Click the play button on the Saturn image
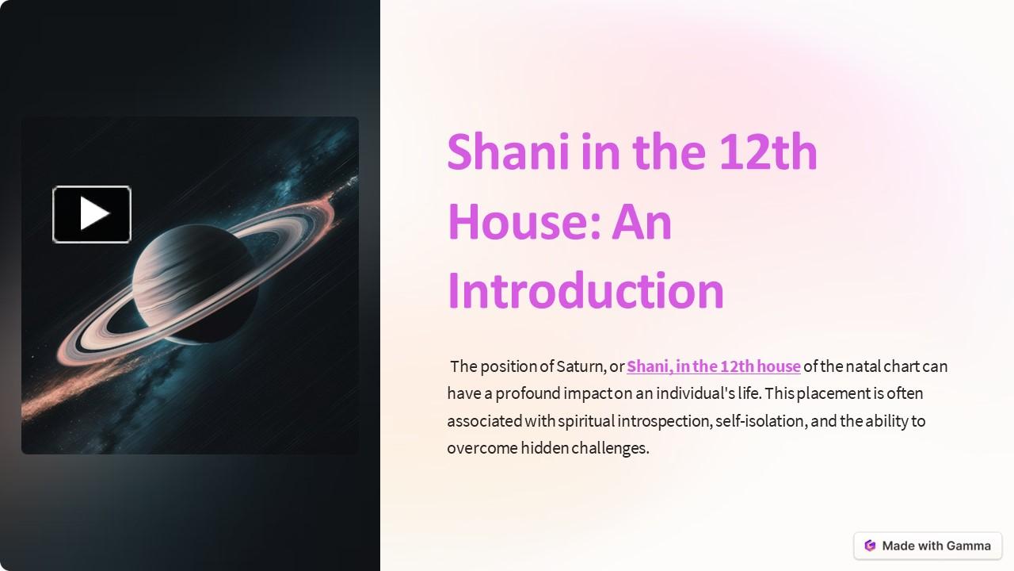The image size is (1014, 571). point(92,214)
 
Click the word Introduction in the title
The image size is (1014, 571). point(585,291)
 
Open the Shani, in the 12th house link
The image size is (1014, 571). point(713,366)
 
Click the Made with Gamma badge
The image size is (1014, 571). point(928,546)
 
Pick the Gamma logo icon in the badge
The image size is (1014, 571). point(870,546)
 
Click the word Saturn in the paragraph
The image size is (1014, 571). point(581,366)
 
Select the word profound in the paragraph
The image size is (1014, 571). point(528,393)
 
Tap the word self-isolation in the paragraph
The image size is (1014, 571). point(760,420)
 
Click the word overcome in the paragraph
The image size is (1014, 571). point(482,448)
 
